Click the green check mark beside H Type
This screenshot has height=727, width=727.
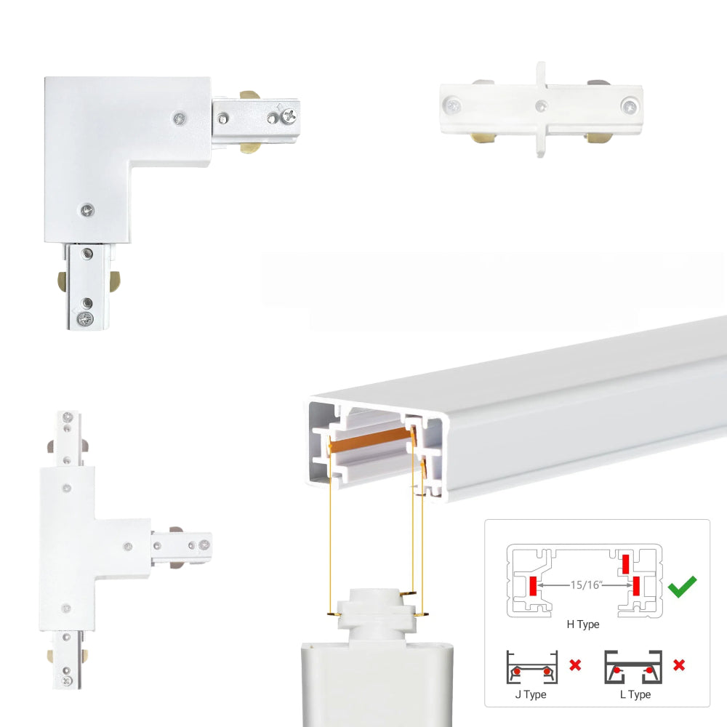(x=682, y=586)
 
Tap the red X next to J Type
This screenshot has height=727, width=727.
(x=575, y=665)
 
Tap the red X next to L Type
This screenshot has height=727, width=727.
(x=679, y=665)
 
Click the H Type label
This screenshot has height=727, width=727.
(x=583, y=624)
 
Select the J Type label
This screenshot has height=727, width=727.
(x=531, y=694)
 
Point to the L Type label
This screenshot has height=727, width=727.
(x=635, y=694)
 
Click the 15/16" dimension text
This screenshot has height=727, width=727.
(x=586, y=585)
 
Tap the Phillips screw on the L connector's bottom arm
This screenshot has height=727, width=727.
(x=85, y=318)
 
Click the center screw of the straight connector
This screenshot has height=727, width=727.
(x=541, y=106)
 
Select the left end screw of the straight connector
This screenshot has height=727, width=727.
(x=451, y=105)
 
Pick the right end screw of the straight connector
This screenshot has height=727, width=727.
(x=629, y=106)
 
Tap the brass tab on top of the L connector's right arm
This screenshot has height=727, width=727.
(x=250, y=95)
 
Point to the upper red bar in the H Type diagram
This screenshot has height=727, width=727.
(x=625, y=564)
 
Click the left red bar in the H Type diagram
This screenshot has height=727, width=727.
(x=533, y=586)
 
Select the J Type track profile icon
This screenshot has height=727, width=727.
(x=532, y=667)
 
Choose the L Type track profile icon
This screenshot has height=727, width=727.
(x=633, y=667)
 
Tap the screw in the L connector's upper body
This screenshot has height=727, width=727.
(x=180, y=119)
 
